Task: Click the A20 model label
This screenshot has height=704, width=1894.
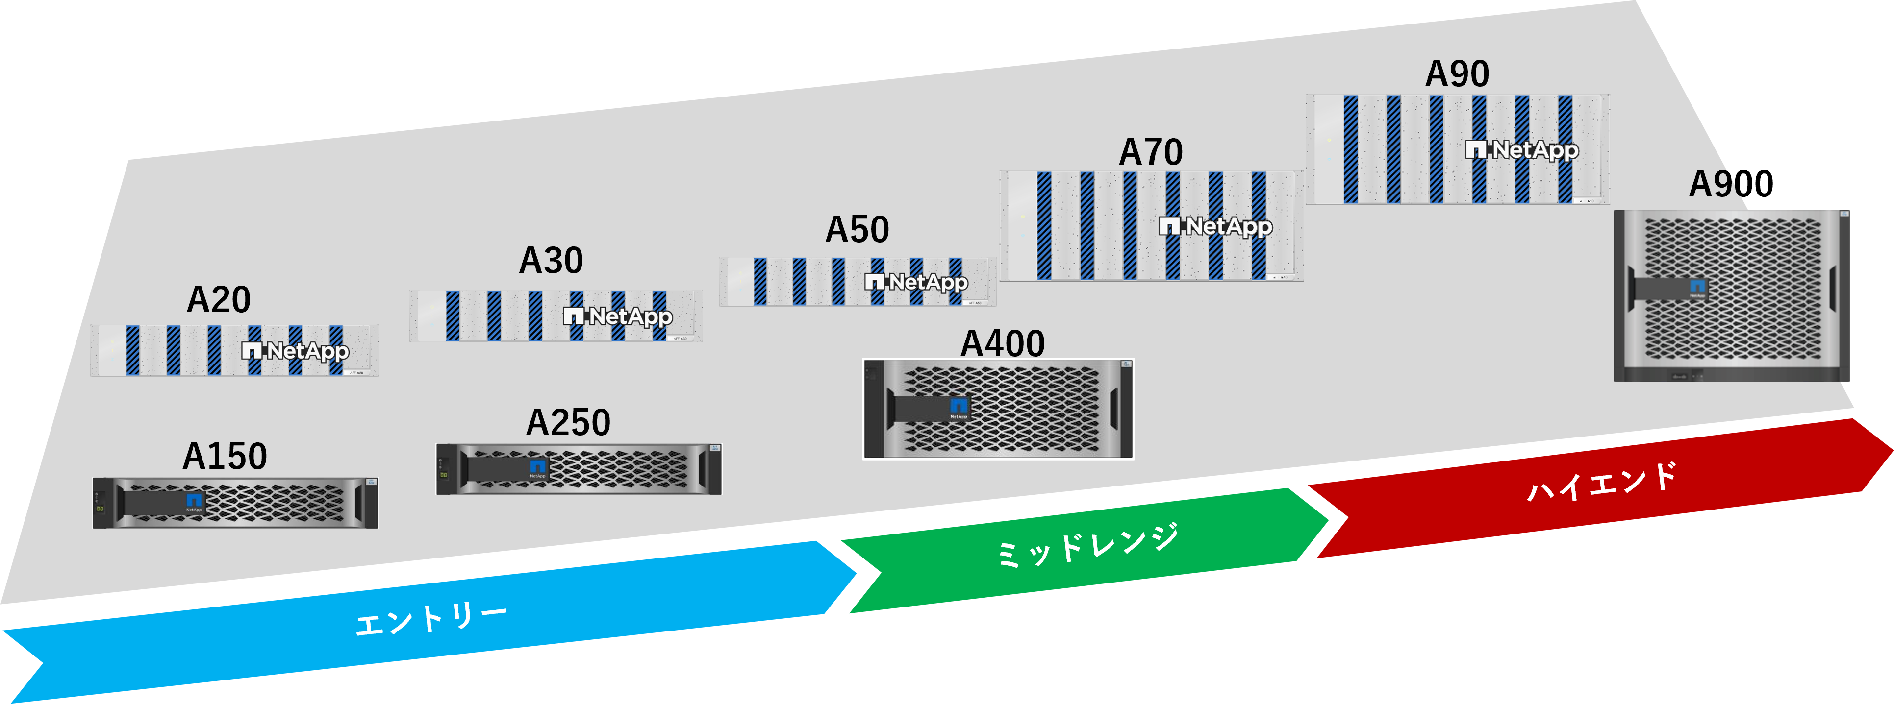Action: tap(218, 300)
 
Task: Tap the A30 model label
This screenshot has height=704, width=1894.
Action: tap(551, 261)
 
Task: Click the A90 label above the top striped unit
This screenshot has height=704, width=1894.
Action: tap(1457, 74)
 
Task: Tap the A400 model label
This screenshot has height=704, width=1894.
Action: tap(1002, 344)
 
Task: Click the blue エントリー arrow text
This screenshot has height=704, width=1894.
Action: tap(431, 619)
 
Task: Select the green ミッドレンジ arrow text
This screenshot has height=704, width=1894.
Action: tap(1086, 545)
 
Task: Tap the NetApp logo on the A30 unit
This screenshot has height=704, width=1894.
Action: tap(618, 316)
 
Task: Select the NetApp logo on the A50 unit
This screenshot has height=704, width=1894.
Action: tap(916, 282)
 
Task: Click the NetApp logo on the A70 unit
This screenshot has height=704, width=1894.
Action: tap(1215, 226)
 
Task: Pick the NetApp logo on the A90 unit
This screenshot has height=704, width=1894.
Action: tap(1521, 150)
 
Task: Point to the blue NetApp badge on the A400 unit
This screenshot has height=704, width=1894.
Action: tap(959, 407)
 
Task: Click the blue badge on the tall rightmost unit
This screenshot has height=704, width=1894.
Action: tap(1697, 287)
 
